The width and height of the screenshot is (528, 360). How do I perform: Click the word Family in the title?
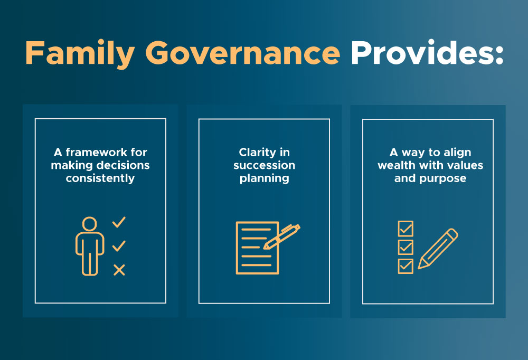click(x=80, y=53)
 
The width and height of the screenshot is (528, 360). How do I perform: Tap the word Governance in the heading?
click(x=242, y=53)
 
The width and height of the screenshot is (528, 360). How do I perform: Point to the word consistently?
click(x=100, y=178)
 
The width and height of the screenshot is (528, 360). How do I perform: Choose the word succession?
click(x=265, y=165)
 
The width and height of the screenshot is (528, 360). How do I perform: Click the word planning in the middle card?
click(x=265, y=178)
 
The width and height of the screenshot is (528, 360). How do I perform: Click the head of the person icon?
click(x=90, y=224)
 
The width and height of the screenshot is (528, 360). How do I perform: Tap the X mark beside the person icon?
click(x=119, y=270)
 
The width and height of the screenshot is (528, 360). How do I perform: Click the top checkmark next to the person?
click(x=119, y=222)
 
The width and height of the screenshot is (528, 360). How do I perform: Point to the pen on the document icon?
click(x=281, y=236)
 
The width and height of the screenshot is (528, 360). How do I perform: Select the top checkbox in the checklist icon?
click(x=406, y=229)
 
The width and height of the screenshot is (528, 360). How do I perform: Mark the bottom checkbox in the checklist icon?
click(x=406, y=266)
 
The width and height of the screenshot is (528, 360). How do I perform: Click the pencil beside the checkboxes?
click(x=438, y=249)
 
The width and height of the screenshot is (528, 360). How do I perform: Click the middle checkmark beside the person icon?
click(x=119, y=246)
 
